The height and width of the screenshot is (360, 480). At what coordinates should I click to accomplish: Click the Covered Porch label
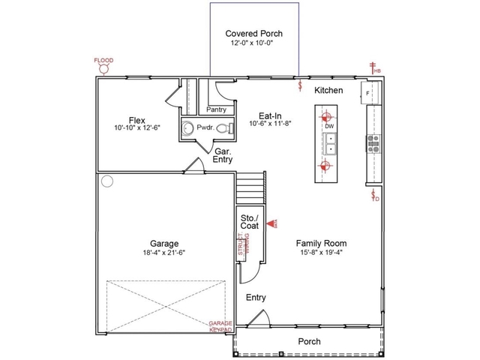point(254,34)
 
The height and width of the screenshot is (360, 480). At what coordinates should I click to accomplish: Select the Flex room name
point(136,120)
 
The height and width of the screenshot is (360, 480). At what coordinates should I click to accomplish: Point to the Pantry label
point(217,109)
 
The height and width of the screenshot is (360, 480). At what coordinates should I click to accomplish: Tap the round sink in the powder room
point(187,128)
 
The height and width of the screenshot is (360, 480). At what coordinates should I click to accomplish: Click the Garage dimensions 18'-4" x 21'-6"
point(163,253)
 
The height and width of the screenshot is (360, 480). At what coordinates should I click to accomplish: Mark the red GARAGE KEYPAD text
point(220,326)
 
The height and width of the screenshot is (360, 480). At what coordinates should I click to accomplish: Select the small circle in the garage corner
point(107,181)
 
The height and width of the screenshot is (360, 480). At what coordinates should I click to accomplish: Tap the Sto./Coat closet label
point(249,222)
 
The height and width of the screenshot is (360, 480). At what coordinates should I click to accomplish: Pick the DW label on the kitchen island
point(328,127)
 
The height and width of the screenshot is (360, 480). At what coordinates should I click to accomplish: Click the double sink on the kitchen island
point(329,142)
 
